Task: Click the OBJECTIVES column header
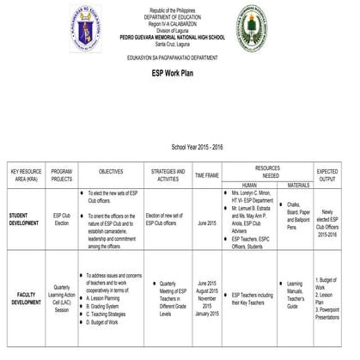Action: pyautogui.click(x=111, y=172)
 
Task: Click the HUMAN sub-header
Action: pyautogui.click(x=250, y=185)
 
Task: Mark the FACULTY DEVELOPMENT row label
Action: pyautogui.click(x=26, y=297)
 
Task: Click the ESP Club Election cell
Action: pyautogui.click(x=61, y=219)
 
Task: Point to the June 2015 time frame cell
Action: pyautogui.click(x=207, y=223)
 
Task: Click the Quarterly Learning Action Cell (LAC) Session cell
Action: pyautogui.click(x=62, y=297)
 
